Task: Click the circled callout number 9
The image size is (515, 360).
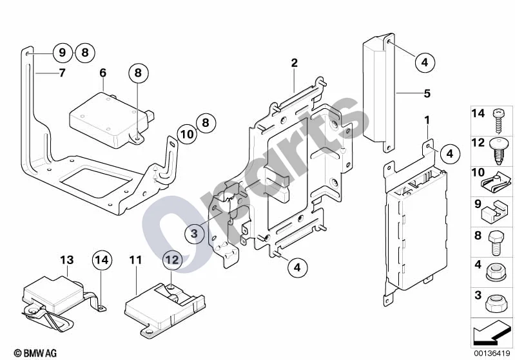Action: point(63,53)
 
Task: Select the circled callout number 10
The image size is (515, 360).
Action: point(187,134)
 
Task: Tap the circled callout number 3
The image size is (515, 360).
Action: point(194,233)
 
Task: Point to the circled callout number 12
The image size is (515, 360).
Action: point(172,260)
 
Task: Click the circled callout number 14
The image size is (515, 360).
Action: point(102,260)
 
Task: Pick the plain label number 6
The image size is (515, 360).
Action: point(102,73)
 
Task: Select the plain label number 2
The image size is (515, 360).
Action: point(294,62)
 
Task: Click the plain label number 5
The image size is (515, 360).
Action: point(427,93)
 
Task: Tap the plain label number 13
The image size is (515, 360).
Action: point(66,260)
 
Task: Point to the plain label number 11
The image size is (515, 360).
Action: point(135,260)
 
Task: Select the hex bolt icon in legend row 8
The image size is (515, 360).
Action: point(496,243)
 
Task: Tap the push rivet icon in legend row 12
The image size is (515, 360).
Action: point(499,151)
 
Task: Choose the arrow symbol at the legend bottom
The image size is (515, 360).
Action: point(491,332)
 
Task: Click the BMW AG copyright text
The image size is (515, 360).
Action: point(35,353)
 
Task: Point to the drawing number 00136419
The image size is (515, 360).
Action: point(492,354)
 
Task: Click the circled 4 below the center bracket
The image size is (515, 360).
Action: point(297,267)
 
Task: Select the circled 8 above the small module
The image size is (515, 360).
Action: point(138,73)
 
